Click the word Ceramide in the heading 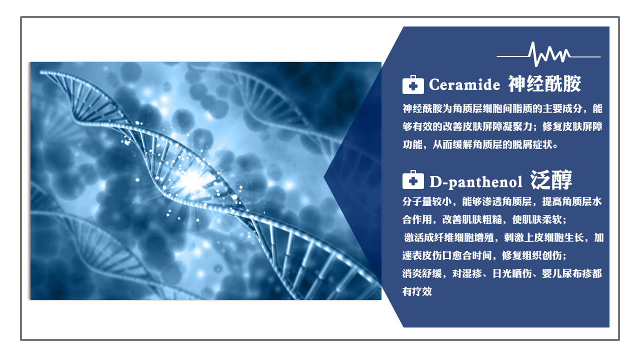[x=464, y=84]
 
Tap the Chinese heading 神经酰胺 [x=544, y=84]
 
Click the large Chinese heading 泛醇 [x=551, y=180]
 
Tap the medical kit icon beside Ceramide [x=413, y=84]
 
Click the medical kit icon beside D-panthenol [x=413, y=179]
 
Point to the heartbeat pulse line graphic [x=548, y=54]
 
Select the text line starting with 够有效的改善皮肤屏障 [x=502, y=126]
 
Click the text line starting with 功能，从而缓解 [x=480, y=144]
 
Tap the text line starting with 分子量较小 [x=502, y=201]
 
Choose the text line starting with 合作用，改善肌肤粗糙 [x=484, y=219]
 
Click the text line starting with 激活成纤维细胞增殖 [x=503, y=237]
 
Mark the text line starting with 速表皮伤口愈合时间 [x=484, y=255]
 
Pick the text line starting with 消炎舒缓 [x=502, y=273]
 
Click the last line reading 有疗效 [x=417, y=291]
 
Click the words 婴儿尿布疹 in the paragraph [x=567, y=273]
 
